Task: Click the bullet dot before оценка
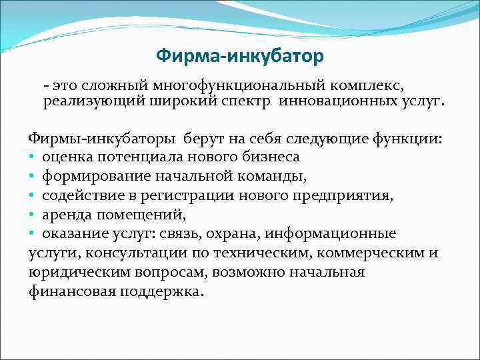(32, 157)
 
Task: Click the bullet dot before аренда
(32, 215)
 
